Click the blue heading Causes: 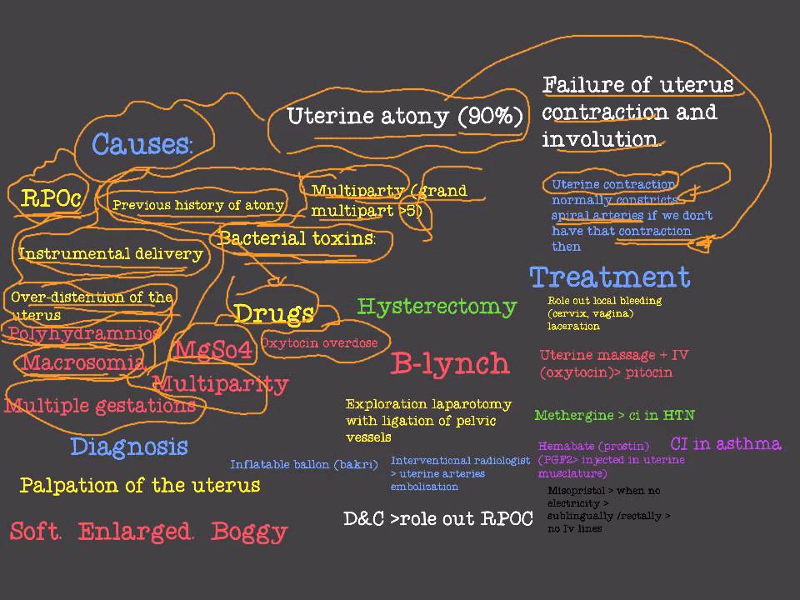(x=142, y=144)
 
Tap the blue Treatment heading (x=610, y=277)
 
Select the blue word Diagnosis (x=129, y=447)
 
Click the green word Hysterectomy (x=437, y=307)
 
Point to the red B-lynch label (x=450, y=363)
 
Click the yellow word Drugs (x=273, y=313)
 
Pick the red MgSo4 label (x=212, y=349)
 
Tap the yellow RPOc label (x=51, y=198)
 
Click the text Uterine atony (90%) (x=405, y=116)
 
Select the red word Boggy (x=249, y=532)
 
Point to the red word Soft (x=36, y=532)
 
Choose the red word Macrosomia (x=84, y=362)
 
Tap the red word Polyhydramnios (x=84, y=333)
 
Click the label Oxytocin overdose (x=319, y=342)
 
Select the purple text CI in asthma (x=726, y=443)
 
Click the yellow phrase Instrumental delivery (x=111, y=254)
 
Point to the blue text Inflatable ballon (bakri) (x=304, y=464)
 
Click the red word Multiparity (x=221, y=384)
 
